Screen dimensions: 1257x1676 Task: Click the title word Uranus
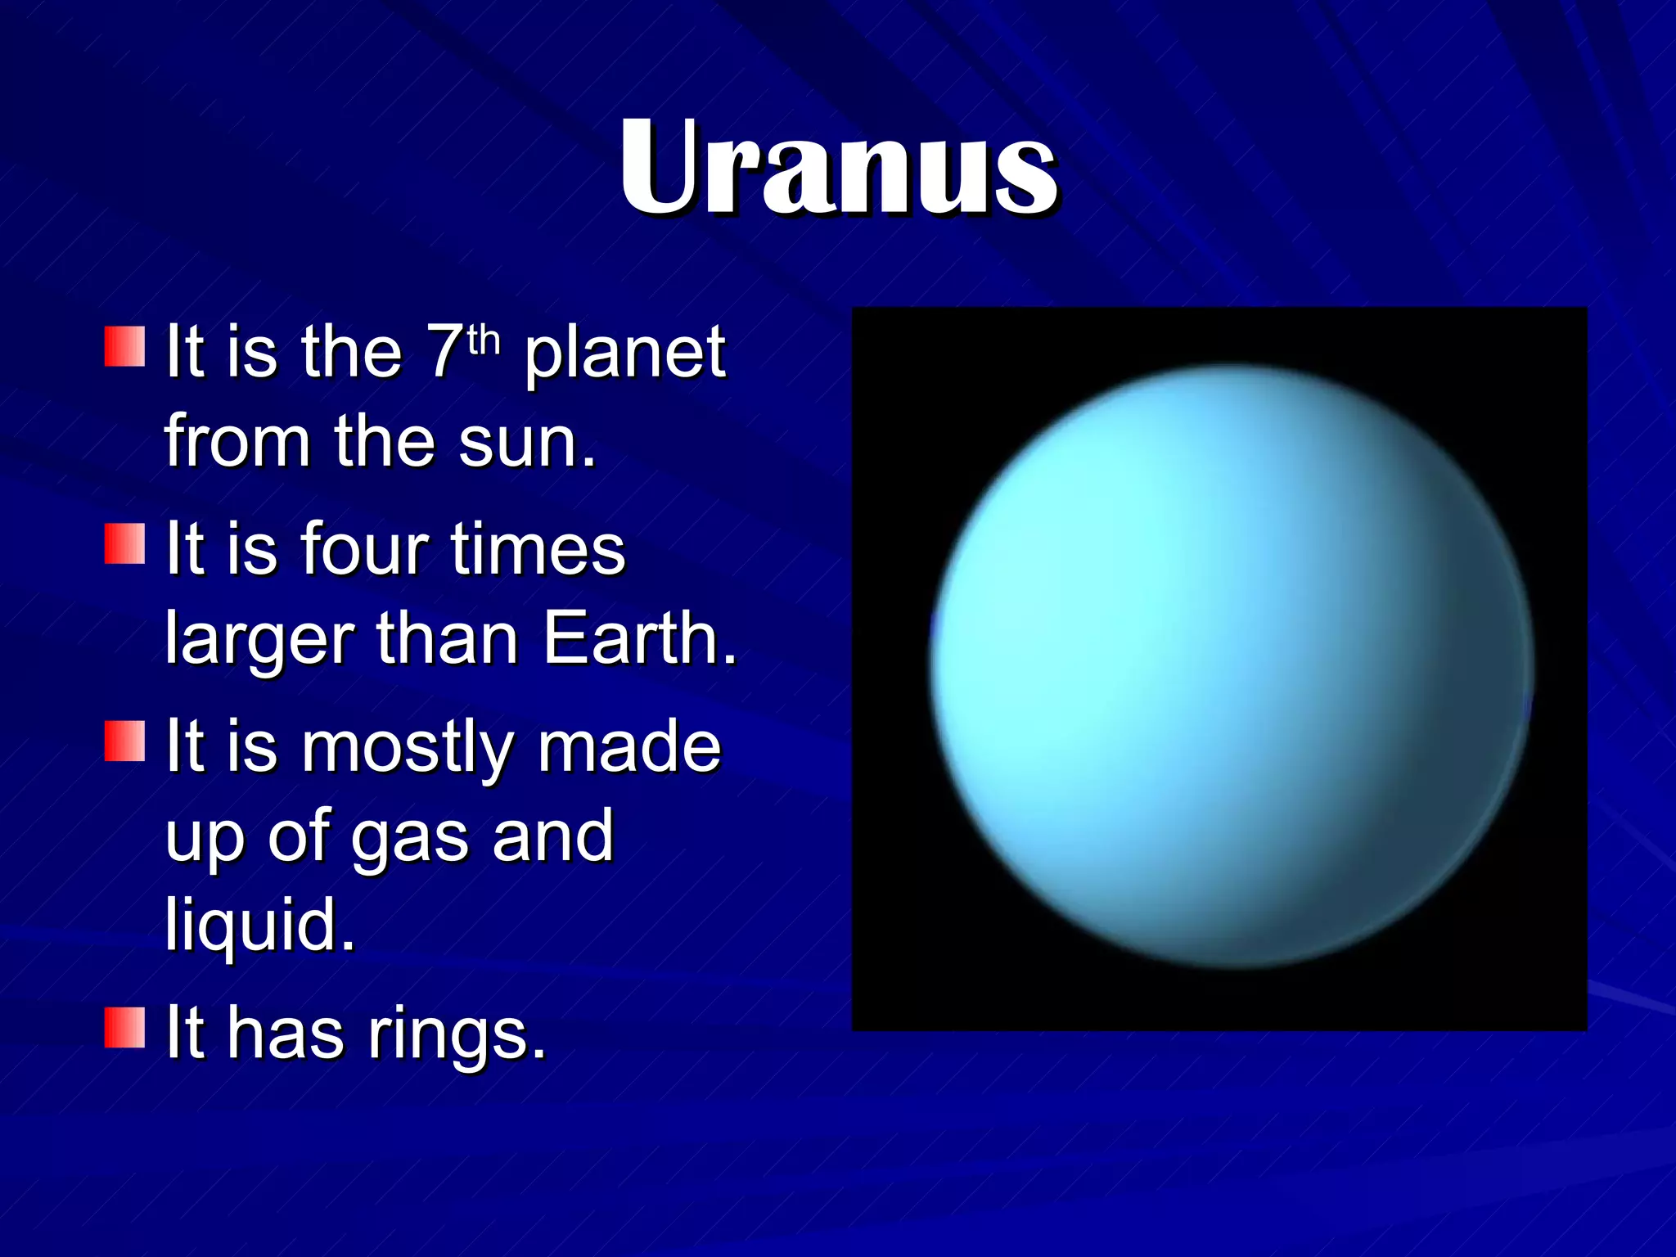click(838, 168)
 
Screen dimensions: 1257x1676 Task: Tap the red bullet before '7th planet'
click(124, 347)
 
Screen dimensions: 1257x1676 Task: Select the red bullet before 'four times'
click(124, 544)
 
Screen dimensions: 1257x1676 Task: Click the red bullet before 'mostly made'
click(124, 741)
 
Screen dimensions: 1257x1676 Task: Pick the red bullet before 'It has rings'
click(124, 1028)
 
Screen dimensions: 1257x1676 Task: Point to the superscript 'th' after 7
click(484, 339)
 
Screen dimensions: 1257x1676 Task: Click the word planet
click(624, 354)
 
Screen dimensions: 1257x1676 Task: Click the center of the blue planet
click(1232, 667)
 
